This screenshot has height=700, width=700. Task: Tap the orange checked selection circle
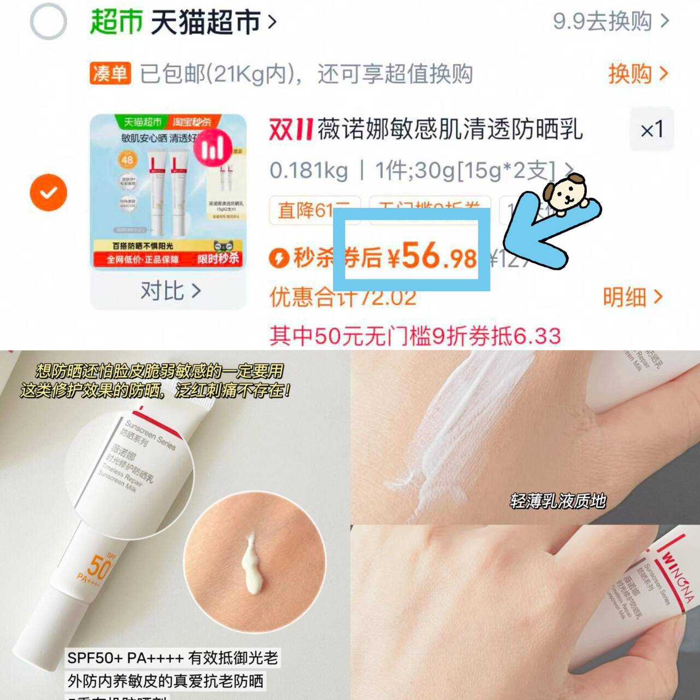(x=49, y=192)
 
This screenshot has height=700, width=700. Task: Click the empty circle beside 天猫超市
(x=48, y=22)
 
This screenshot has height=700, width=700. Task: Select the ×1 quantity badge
(x=651, y=130)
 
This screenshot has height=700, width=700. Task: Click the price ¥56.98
(x=433, y=256)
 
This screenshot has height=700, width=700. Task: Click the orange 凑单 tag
(x=110, y=73)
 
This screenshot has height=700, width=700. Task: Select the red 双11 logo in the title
(x=290, y=130)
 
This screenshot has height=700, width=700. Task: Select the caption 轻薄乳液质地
(x=558, y=500)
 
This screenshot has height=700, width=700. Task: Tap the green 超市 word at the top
(x=116, y=22)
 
